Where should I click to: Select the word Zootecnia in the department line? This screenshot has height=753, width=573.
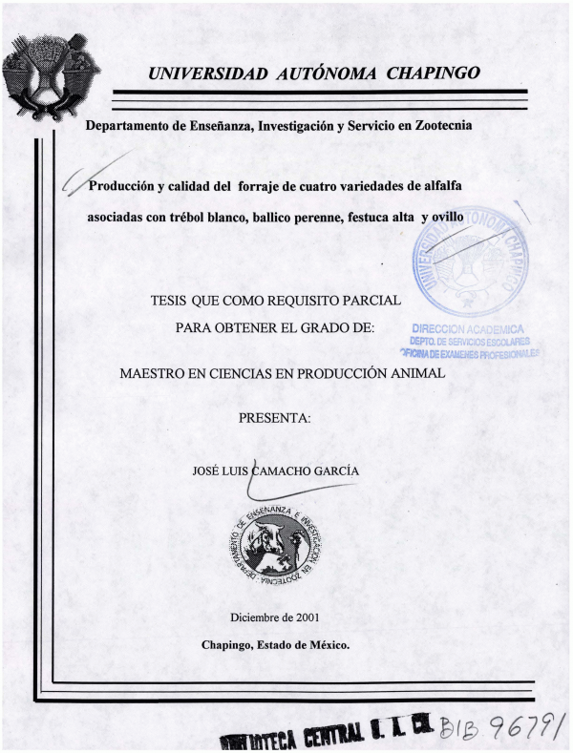[438, 125]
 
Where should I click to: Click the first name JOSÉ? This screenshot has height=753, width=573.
[207, 468]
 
